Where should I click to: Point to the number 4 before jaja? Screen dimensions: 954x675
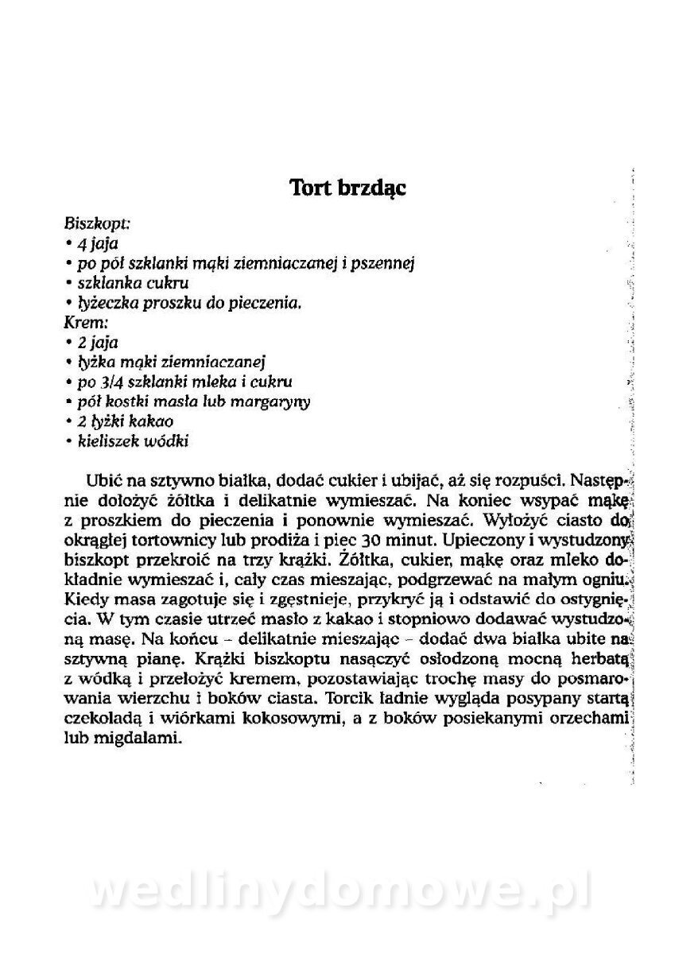81,244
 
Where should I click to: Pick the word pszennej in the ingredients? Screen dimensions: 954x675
385,263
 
